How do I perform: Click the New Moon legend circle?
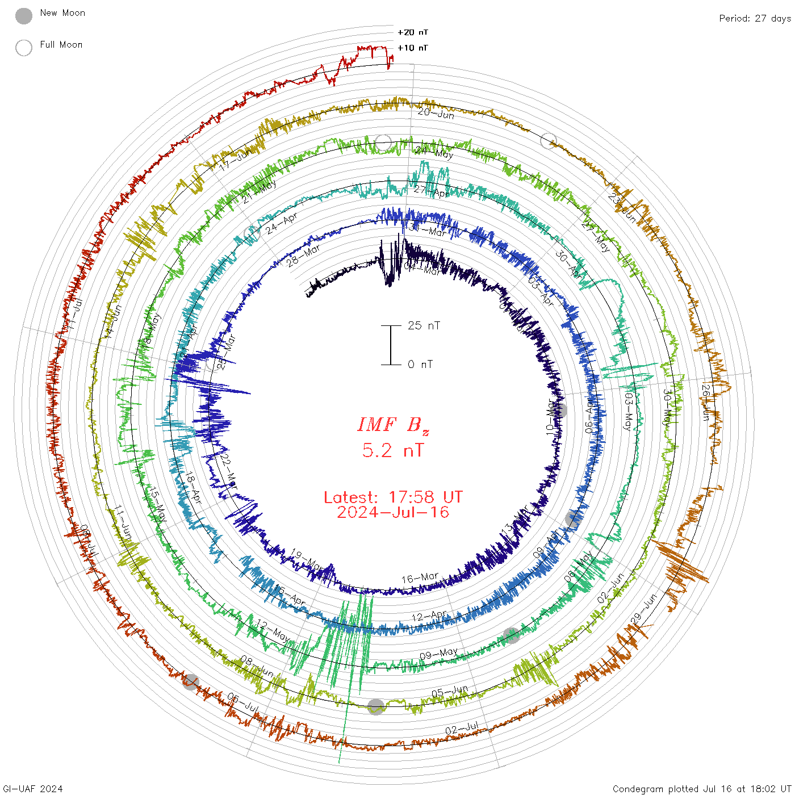pos(24,16)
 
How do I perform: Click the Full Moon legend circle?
pos(24,48)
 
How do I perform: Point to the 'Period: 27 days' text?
pos(755,18)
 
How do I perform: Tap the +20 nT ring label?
pos(413,32)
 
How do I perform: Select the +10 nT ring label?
pos(413,48)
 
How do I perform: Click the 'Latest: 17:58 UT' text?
pos(393,497)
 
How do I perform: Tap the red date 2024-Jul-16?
pos(393,512)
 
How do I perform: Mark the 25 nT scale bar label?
pos(424,325)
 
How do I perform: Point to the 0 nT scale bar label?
pos(420,364)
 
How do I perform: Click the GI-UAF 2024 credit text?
pos(33,788)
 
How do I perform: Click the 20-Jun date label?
pos(436,113)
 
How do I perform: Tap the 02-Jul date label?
pos(462,729)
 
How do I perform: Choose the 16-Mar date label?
pos(420,578)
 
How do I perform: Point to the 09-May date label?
pos(438,654)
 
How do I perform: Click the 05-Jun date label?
pos(450,692)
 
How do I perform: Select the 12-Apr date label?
pos(429,616)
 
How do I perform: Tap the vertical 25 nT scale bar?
pos(391,345)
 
